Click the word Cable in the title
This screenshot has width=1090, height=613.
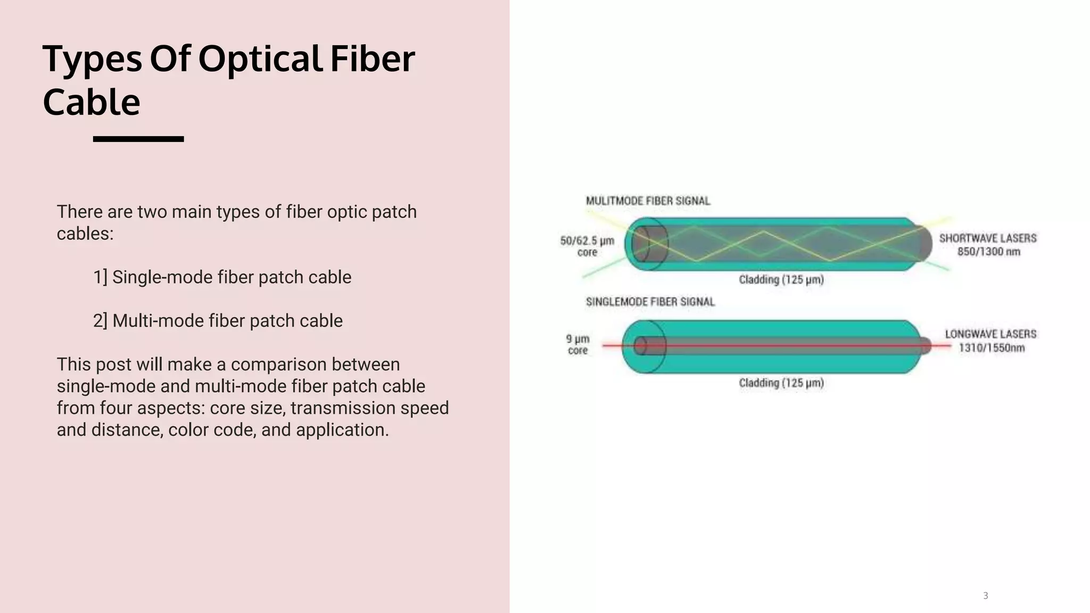point(91,102)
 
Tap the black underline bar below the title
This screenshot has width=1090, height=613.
point(138,139)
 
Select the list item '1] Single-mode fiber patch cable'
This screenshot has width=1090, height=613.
point(222,277)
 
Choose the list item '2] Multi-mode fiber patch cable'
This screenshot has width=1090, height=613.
point(218,321)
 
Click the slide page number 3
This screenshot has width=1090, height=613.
point(985,595)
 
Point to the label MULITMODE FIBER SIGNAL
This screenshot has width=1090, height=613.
point(648,201)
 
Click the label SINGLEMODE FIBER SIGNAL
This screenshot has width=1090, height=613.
point(650,302)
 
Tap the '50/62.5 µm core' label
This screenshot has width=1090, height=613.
point(587,246)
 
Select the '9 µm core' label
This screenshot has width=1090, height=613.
point(577,344)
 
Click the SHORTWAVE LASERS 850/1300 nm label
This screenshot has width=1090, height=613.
point(988,245)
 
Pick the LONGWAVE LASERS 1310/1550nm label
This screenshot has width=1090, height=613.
point(990,341)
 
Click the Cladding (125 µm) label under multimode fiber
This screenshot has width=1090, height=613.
point(781,280)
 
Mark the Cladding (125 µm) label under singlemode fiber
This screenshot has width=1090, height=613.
point(781,383)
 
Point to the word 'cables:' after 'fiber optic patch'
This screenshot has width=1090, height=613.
point(85,234)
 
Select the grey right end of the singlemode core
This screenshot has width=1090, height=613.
point(926,346)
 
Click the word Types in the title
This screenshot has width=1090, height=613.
point(92,59)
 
